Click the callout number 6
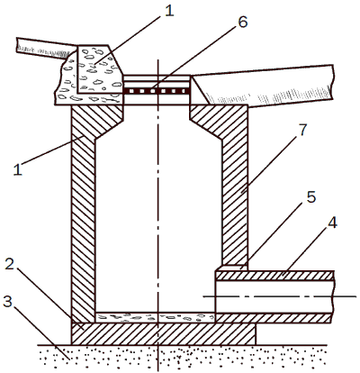point(242,22)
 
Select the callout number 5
point(310,197)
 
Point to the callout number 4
point(331,223)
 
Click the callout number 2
point(10,264)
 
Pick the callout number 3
point(7,301)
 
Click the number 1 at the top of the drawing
point(169,11)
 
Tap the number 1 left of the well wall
point(17,169)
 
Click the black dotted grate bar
point(157,90)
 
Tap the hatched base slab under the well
point(164,334)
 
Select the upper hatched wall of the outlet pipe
point(274,276)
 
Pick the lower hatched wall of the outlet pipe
point(274,318)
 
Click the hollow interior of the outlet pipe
point(274,296)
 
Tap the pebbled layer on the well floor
point(155,318)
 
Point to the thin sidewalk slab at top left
point(47,48)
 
